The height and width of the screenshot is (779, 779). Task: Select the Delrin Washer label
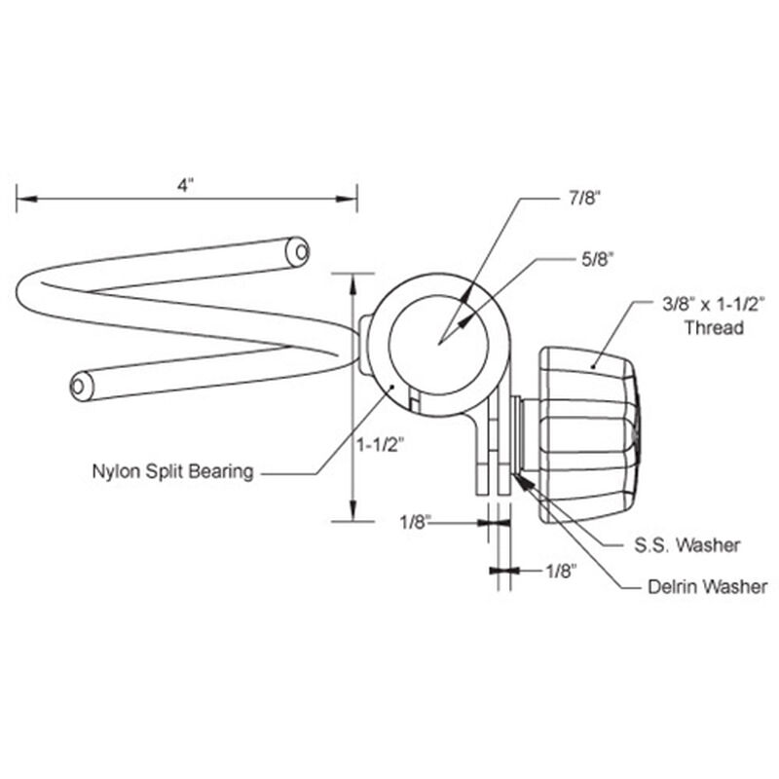707,586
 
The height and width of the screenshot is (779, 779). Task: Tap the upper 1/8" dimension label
415,523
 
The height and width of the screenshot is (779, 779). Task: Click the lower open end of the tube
81,388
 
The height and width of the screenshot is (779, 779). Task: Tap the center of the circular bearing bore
439,342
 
